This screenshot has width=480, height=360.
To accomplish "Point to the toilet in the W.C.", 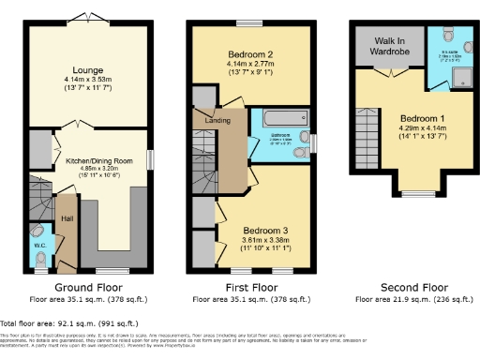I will click(x=37, y=230).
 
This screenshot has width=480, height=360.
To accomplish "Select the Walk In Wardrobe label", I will click(x=386, y=46).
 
